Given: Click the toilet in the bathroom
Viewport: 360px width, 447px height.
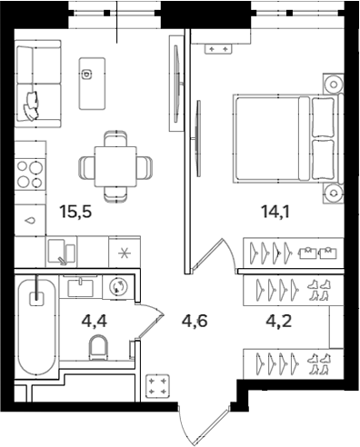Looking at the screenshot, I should (100, 346).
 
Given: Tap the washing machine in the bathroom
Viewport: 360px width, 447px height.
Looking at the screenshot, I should (118, 287).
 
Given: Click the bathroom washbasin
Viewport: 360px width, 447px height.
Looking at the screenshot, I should (81, 286).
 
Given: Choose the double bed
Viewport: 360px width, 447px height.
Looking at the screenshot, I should (283, 136).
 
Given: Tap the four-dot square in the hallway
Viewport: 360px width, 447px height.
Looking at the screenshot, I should (159, 386).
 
